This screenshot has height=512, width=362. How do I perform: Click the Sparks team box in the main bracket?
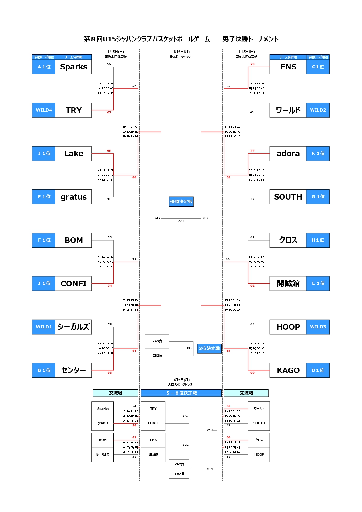74,67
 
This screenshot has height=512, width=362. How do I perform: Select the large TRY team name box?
74,110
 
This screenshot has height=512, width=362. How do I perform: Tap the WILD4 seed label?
44,110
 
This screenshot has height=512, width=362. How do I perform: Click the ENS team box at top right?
288,67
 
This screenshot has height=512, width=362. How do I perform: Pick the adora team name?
288,154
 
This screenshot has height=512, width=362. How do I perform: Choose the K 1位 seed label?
318,154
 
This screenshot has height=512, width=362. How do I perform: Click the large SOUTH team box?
288,197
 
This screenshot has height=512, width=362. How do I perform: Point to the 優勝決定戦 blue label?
181,202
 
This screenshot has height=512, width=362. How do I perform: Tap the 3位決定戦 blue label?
209,349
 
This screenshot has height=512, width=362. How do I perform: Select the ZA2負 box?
157,341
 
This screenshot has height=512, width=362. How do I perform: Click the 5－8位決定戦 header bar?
181,393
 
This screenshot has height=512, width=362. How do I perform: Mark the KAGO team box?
288,370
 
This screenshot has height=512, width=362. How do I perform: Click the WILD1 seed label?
44,327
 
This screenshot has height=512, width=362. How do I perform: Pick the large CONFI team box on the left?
74,284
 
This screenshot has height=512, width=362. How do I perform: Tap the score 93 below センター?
110,373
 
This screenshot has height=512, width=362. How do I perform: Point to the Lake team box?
74,154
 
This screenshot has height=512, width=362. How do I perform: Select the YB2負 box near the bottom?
179,474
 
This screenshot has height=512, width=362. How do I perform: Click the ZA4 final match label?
181,221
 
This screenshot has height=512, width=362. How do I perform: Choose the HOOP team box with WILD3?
288,327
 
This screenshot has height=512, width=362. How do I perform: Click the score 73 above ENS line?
253,64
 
